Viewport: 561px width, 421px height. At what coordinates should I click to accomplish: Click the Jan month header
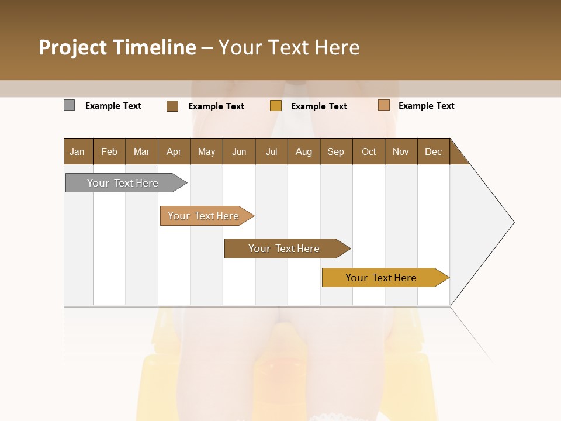(77, 151)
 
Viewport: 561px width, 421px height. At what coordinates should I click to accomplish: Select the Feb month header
(109, 151)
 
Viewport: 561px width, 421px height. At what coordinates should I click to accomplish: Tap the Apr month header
(174, 151)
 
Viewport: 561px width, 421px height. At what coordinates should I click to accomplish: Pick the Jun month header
(239, 151)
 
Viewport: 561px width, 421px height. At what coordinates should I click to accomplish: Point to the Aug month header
(303, 151)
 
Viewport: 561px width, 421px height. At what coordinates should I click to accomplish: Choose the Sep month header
(335, 151)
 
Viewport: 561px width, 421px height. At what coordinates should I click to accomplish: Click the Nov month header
(400, 151)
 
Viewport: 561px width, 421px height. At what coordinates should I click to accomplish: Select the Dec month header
(433, 151)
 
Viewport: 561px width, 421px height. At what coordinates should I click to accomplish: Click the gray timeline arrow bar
(123, 183)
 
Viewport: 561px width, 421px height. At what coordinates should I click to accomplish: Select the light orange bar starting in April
(203, 216)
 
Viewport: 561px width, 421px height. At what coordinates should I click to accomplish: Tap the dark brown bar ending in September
(284, 249)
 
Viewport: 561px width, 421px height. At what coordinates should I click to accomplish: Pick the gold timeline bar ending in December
(381, 278)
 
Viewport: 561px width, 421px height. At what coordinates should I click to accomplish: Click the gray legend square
(69, 105)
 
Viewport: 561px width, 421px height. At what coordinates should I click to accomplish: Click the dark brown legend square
(172, 106)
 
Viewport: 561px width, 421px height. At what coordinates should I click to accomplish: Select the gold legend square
(276, 106)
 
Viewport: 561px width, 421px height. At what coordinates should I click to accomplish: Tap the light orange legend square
(383, 105)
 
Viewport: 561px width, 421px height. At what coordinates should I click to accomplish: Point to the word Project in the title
(72, 47)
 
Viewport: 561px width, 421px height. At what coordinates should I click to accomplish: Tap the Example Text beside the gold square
(319, 106)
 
